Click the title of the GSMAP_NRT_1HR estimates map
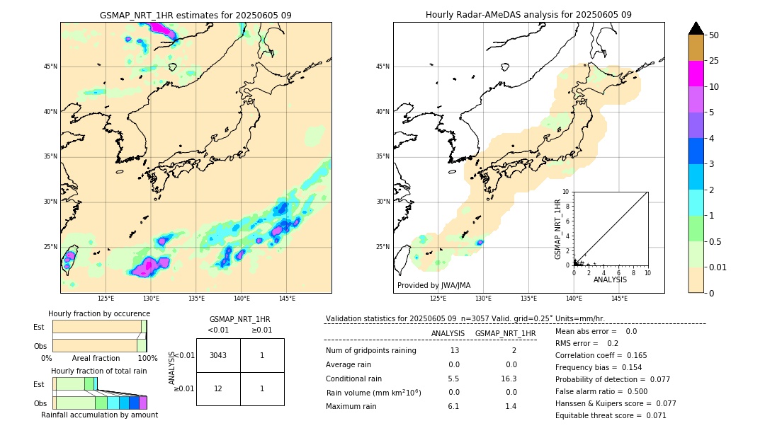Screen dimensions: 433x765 click(195, 16)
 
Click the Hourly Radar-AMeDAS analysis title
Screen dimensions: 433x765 click(528, 15)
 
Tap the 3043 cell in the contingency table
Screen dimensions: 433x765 click(218, 355)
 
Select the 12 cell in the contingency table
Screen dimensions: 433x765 click(218, 388)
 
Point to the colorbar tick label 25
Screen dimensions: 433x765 click(714, 61)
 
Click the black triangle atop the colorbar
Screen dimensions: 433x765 click(696, 28)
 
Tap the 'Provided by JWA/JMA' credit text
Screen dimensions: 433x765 click(433, 286)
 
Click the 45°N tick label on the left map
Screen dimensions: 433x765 click(50, 67)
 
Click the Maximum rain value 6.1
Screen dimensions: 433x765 click(453, 406)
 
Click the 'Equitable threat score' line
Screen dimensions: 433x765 click(611, 415)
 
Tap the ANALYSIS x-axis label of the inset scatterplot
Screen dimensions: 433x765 click(610, 280)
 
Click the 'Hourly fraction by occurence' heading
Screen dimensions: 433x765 click(99, 313)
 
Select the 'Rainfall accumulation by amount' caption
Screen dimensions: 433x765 click(99, 415)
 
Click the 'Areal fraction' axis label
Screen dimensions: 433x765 click(96, 358)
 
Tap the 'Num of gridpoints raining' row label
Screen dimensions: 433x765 click(371, 351)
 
